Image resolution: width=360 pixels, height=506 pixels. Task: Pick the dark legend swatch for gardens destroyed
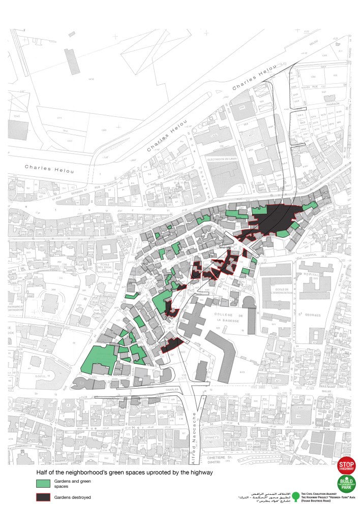43,497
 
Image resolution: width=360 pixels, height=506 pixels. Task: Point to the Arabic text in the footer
259,496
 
